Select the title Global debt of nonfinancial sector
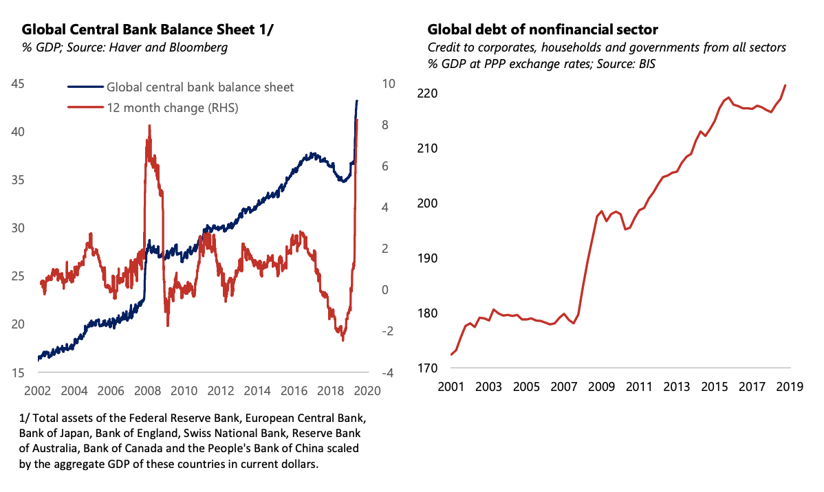point(542,30)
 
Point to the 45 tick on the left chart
point(17,84)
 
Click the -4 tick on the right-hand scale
point(388,373)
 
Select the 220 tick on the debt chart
point(426,93)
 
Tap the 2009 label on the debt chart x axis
point(601,387)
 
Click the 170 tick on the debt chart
point(426,368)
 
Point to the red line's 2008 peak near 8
point(149,126)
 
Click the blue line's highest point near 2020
point(357,101)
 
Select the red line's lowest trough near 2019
point(343,340)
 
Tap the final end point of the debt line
point(785,85)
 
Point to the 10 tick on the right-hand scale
point(389,83)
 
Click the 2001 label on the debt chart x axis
point(451,387)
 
